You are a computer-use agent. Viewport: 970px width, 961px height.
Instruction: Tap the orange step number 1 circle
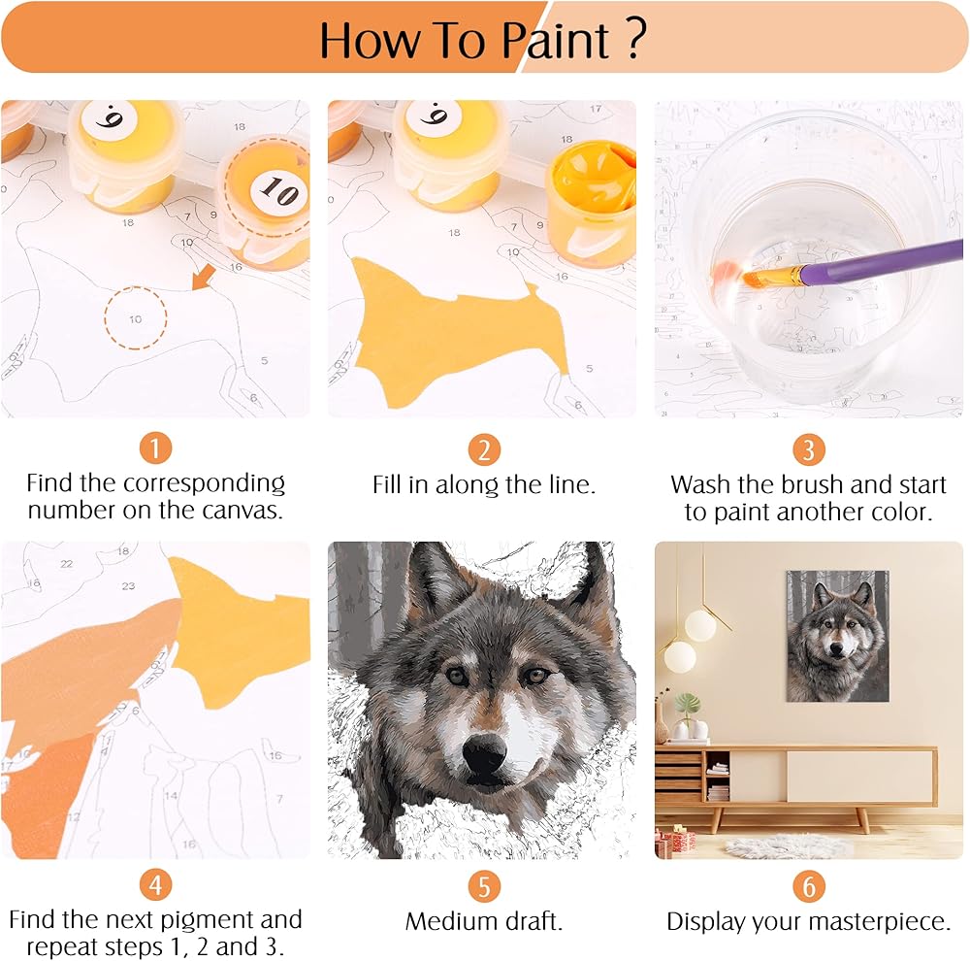[x=155, y=447]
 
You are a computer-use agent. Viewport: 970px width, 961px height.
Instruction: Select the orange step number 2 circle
[x=484, y=449]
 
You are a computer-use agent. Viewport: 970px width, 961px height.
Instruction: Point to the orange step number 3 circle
[x=809, y=449]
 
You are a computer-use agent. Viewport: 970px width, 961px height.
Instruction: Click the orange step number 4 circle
[x=155, y=885]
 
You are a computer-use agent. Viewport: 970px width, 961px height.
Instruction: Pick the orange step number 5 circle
[x=484, y=886]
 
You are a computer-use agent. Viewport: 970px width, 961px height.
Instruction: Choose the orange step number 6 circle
[x=809, y=886]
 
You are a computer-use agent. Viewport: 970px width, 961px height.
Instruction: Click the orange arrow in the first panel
[x=203, y=277]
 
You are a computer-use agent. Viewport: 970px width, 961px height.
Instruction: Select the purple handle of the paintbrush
[x=881, y=261]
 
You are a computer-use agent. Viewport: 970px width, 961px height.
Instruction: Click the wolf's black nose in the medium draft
[x=484, y=751]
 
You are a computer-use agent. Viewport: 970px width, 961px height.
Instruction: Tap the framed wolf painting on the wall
[x=838, y=636]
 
